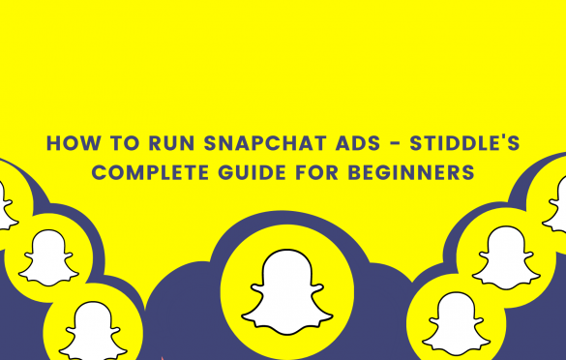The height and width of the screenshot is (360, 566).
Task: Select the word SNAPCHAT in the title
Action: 242,144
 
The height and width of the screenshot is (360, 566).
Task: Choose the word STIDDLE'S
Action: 452,144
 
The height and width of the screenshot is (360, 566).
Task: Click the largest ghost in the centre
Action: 283,287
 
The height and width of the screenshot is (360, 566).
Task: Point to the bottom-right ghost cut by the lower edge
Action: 456,325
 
